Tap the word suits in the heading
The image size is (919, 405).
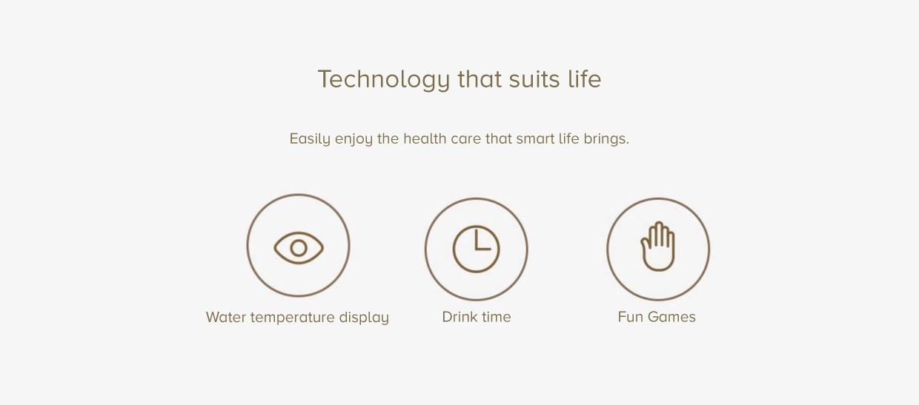coord(534,79)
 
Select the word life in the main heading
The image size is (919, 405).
coord(585,78)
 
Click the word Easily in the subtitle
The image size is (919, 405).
coord(310,139)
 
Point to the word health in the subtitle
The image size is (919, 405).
coord(425,138)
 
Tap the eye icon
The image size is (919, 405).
coord(299,248)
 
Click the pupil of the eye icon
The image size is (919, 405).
coord(299,248)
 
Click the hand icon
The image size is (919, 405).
coord(658,247)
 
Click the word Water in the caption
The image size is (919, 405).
coord(225,318)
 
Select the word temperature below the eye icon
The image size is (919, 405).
coord(293,318)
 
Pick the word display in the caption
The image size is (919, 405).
coord(364,318)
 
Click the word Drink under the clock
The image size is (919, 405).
coord(459,317)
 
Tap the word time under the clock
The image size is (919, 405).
coord(496,317)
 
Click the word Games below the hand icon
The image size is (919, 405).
coord(671,317)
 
